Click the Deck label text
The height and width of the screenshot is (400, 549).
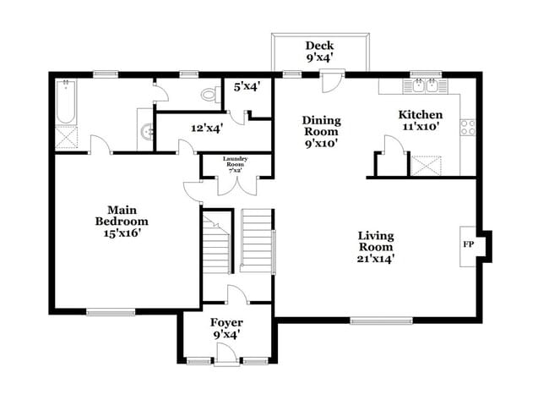[x=318, y=46]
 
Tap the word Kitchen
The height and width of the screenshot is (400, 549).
[x=420, y=114]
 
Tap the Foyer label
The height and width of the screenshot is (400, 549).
[x=226, y=323]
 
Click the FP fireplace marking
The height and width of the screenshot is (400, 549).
[x=467, y=245]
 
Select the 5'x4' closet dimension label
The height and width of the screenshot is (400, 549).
[x=247, y=85]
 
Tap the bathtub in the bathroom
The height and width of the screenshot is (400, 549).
[x=66, y=102]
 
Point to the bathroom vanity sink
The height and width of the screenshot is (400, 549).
[x=147, y=132]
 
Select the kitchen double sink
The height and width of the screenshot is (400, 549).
[x=425, y=85]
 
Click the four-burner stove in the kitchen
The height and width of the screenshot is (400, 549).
[x=467, y=128]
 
